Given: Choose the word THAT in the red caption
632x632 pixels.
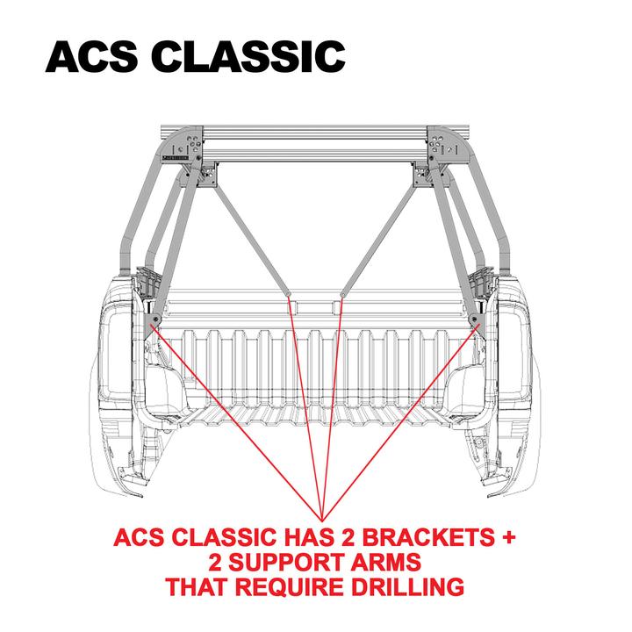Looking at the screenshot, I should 197,586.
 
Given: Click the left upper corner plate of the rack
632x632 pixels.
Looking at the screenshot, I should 188,145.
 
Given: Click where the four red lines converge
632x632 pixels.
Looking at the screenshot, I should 322,516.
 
